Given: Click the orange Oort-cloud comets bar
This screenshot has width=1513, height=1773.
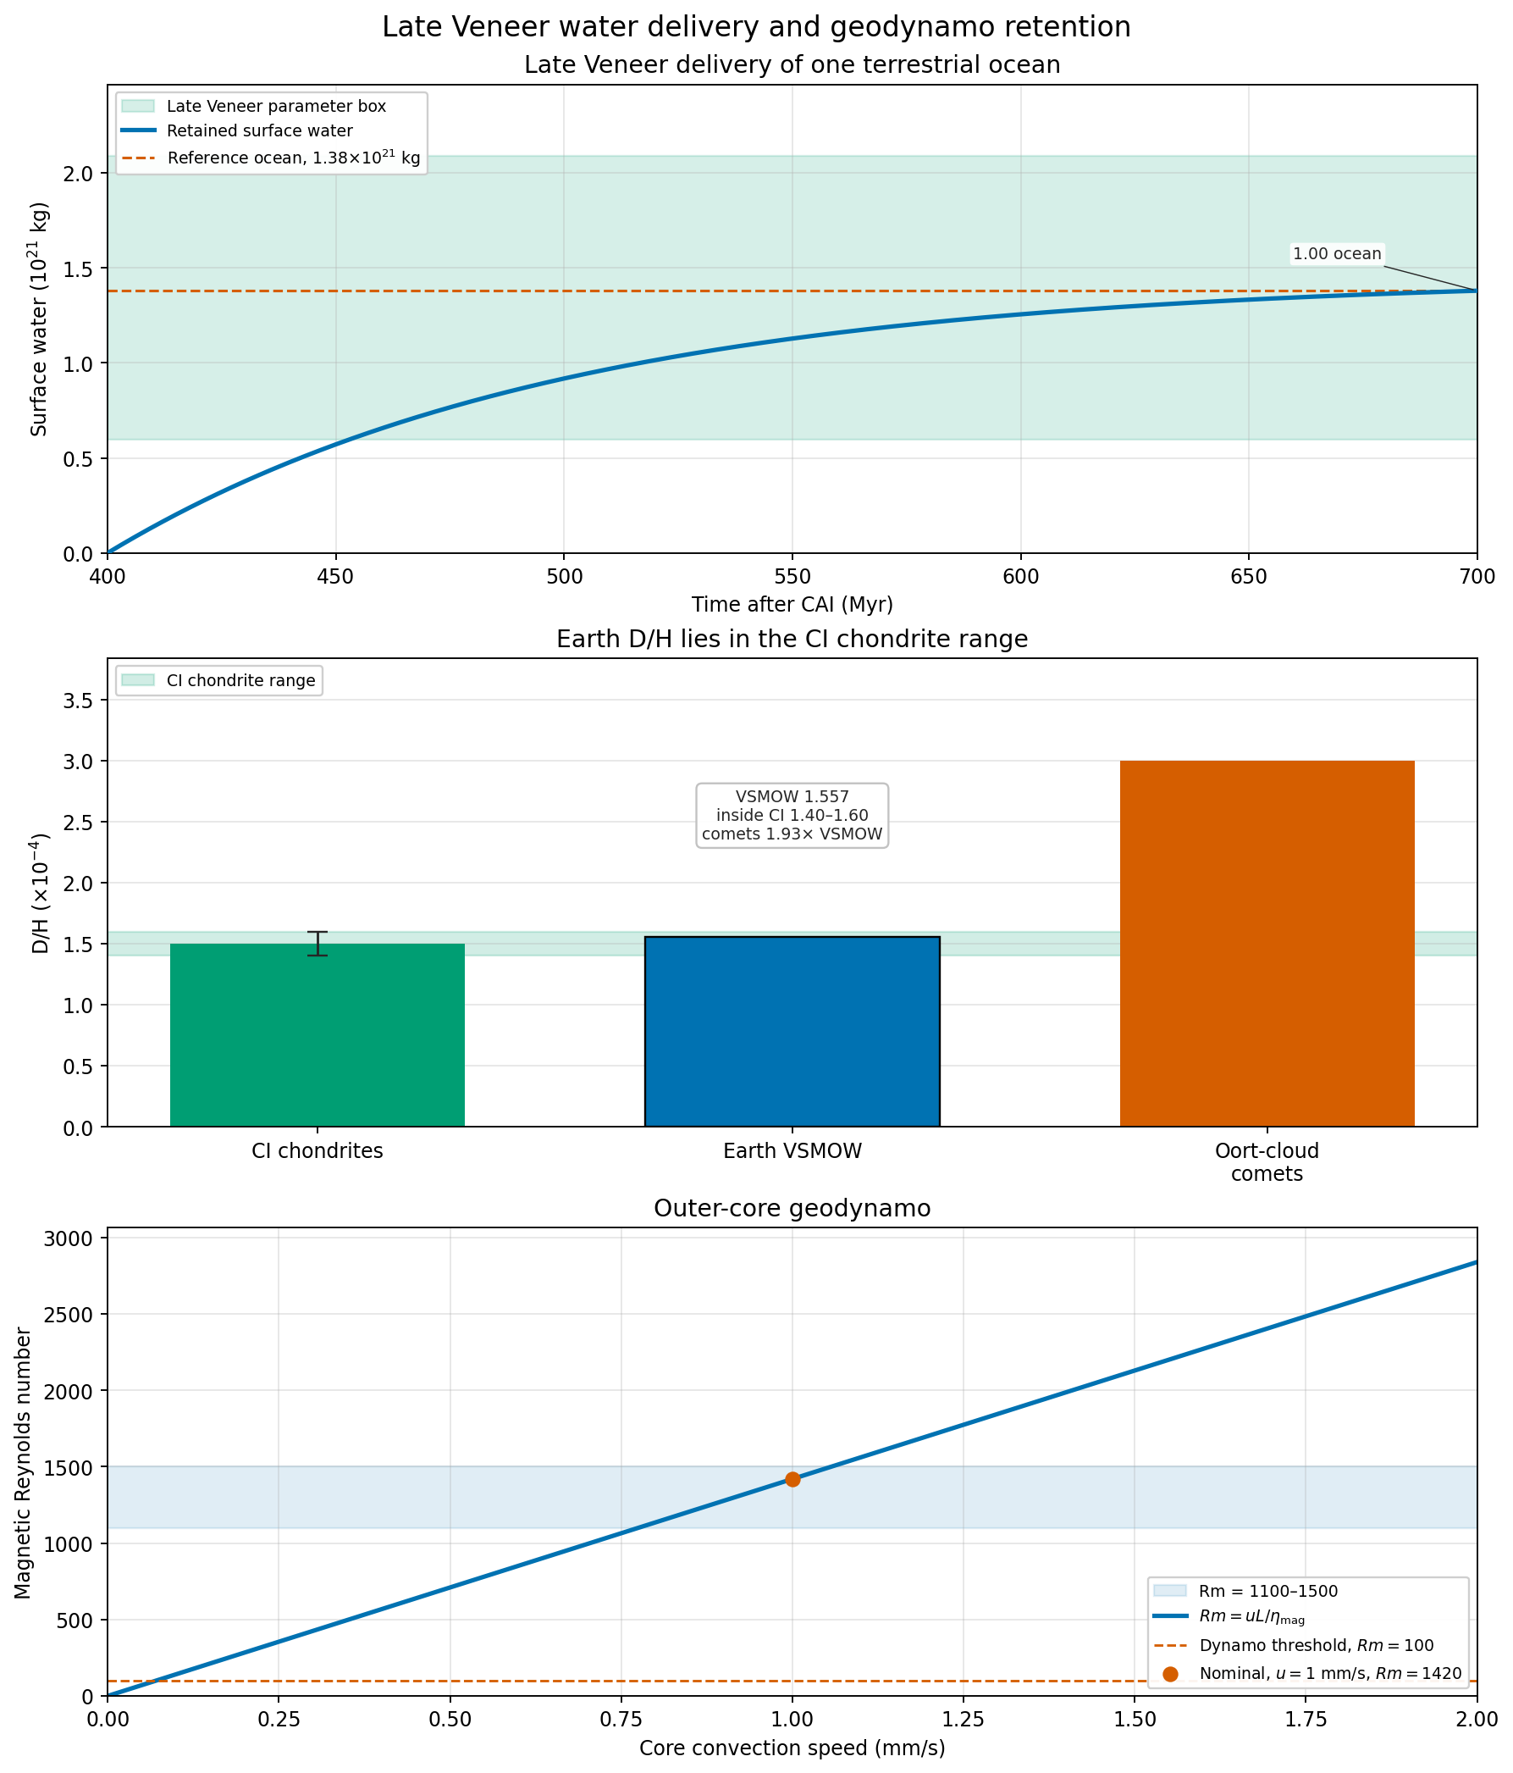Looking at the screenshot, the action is point(1267,943).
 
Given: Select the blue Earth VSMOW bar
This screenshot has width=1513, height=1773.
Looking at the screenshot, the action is point(792,1031).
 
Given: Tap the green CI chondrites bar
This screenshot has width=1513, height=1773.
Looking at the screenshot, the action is point(318,1034).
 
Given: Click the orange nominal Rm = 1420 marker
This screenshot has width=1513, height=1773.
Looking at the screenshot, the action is point(792,1480).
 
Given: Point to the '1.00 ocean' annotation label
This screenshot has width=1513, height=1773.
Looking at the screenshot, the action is point(1337,254).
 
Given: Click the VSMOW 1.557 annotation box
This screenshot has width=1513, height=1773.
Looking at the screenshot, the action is point(792,816).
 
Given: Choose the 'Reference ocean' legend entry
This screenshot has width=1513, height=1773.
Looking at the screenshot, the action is point(271,158).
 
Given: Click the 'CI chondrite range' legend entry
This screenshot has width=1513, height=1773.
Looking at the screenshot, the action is point(219,681).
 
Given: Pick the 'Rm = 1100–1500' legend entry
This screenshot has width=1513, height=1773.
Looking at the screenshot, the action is point(1246,1591).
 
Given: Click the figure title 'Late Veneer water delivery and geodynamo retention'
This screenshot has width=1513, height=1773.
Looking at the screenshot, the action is point(756,27).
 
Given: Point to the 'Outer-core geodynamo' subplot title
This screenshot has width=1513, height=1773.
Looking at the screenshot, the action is point(792,1208).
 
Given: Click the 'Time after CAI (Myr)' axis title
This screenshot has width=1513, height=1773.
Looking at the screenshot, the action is point(792,605).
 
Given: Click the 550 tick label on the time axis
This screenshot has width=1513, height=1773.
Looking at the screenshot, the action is point(792,577).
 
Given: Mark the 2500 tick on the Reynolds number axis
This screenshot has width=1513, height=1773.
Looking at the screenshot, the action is point(74,1315).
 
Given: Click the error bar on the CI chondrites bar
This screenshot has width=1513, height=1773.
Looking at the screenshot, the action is point(318,943).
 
